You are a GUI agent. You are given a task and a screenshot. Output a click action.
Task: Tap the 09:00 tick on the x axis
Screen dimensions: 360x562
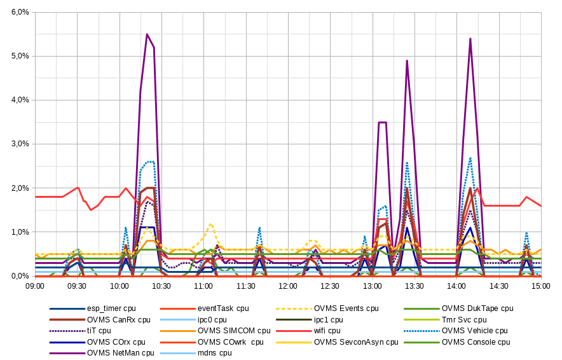[35, 286]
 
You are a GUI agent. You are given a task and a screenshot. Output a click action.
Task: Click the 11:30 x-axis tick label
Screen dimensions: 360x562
[245, 286]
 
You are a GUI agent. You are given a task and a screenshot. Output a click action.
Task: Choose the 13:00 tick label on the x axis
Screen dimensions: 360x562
[372, 286]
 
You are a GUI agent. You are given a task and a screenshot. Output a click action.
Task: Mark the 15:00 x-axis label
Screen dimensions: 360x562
[540, 286]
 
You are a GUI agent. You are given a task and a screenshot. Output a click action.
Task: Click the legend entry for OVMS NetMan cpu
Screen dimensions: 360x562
[120, 352]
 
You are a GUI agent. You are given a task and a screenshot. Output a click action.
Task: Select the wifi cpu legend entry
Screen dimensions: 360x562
[326, 330]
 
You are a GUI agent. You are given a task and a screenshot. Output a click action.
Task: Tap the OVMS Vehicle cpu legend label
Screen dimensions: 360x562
[474, 330]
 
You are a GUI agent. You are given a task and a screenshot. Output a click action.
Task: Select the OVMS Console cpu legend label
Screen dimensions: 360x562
[476, 342]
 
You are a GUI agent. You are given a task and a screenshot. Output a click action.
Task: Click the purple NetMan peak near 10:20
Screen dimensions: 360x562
[147, 34]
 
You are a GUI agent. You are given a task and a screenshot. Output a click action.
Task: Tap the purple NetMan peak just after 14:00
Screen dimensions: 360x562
[470, 39]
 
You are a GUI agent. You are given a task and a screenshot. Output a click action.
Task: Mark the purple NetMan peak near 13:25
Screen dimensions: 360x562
[407, 60]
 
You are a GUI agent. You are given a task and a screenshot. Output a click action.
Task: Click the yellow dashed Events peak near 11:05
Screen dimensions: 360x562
[210, 224]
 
